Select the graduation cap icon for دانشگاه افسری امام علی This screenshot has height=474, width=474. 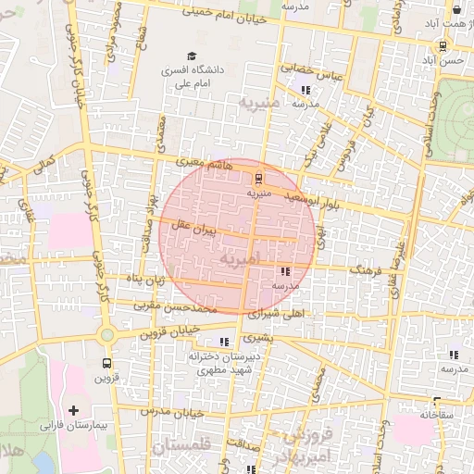(x=192, y=56)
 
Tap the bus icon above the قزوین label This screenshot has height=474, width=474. (x=106, y=363)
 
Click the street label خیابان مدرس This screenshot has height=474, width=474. (x=170, y=408)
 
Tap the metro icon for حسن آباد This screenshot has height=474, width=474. (x=443, y=44)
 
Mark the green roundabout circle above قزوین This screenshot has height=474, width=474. (x=106, y=334)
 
